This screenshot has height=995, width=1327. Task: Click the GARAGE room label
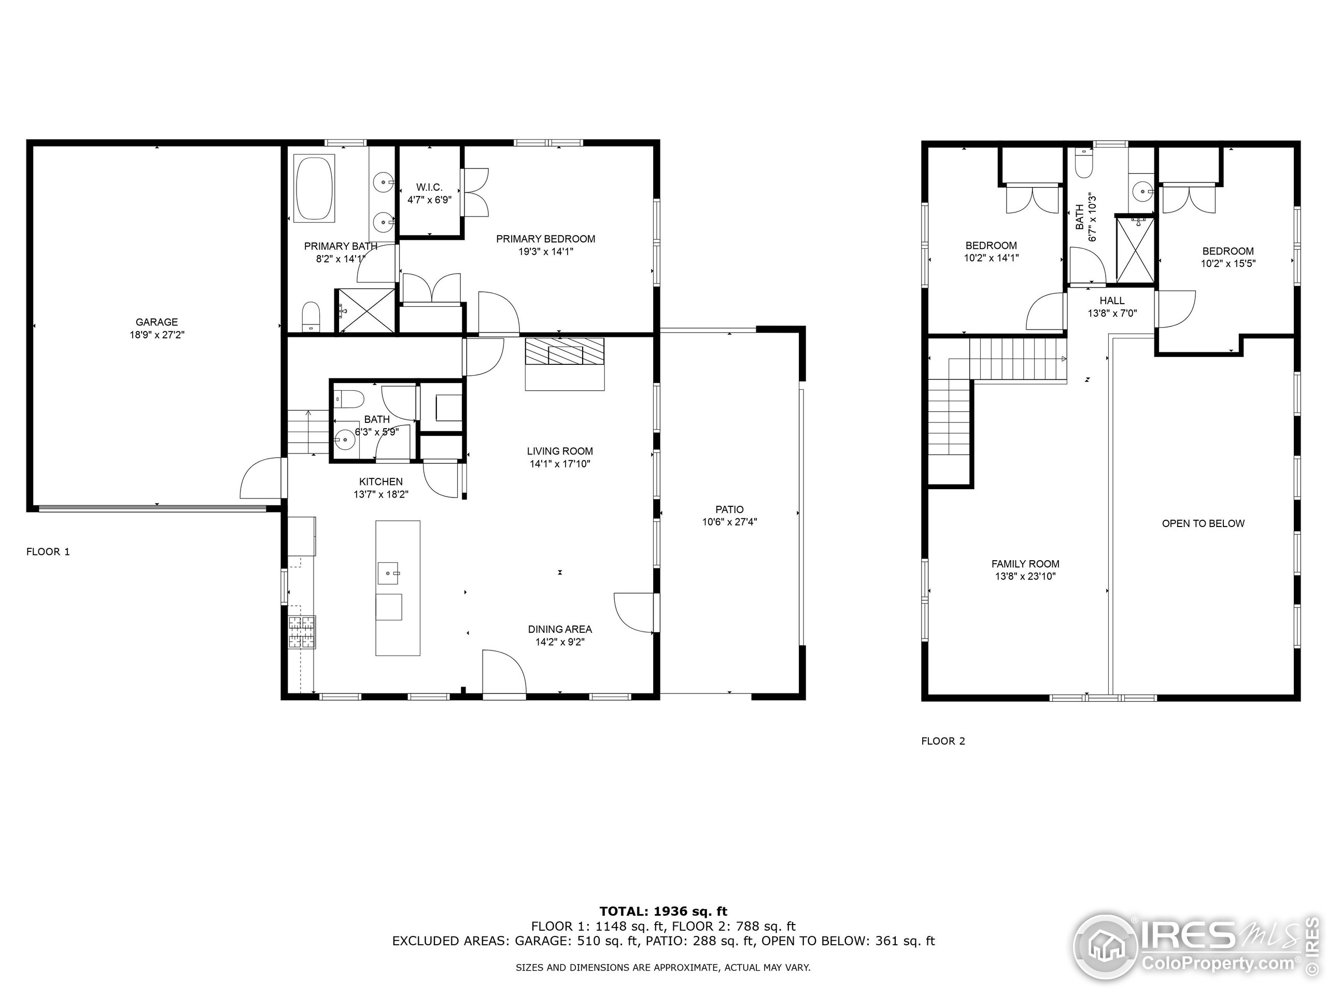click(157, 322)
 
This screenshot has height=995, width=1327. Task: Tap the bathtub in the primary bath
click(314, 188)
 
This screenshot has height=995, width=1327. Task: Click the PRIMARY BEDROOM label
click(545, 239)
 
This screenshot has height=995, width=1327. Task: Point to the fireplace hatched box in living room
click(564, 351)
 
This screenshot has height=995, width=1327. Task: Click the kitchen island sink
click(389, 573)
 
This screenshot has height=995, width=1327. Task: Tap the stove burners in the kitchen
click(302, 632)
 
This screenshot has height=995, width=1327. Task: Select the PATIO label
click(729, 509)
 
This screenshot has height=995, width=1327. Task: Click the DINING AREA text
click(560, 629)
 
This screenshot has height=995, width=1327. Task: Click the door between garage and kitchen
click(262, 479)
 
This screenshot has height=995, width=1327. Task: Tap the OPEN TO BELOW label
click(1203, 523)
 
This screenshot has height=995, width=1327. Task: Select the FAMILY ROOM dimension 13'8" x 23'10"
click(1025, 576)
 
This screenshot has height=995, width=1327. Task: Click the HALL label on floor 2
click(1112, 301)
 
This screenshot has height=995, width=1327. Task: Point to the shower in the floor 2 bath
click(1134, 249)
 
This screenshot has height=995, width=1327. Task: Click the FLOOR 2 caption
click(943, 741)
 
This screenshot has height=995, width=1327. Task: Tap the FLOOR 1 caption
click(48, 551)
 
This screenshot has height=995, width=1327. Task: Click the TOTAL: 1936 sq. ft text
click(663, 912)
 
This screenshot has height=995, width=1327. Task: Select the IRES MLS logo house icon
click(1105, 948)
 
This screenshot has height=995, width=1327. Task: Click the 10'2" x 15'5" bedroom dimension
click(1227, 263)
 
